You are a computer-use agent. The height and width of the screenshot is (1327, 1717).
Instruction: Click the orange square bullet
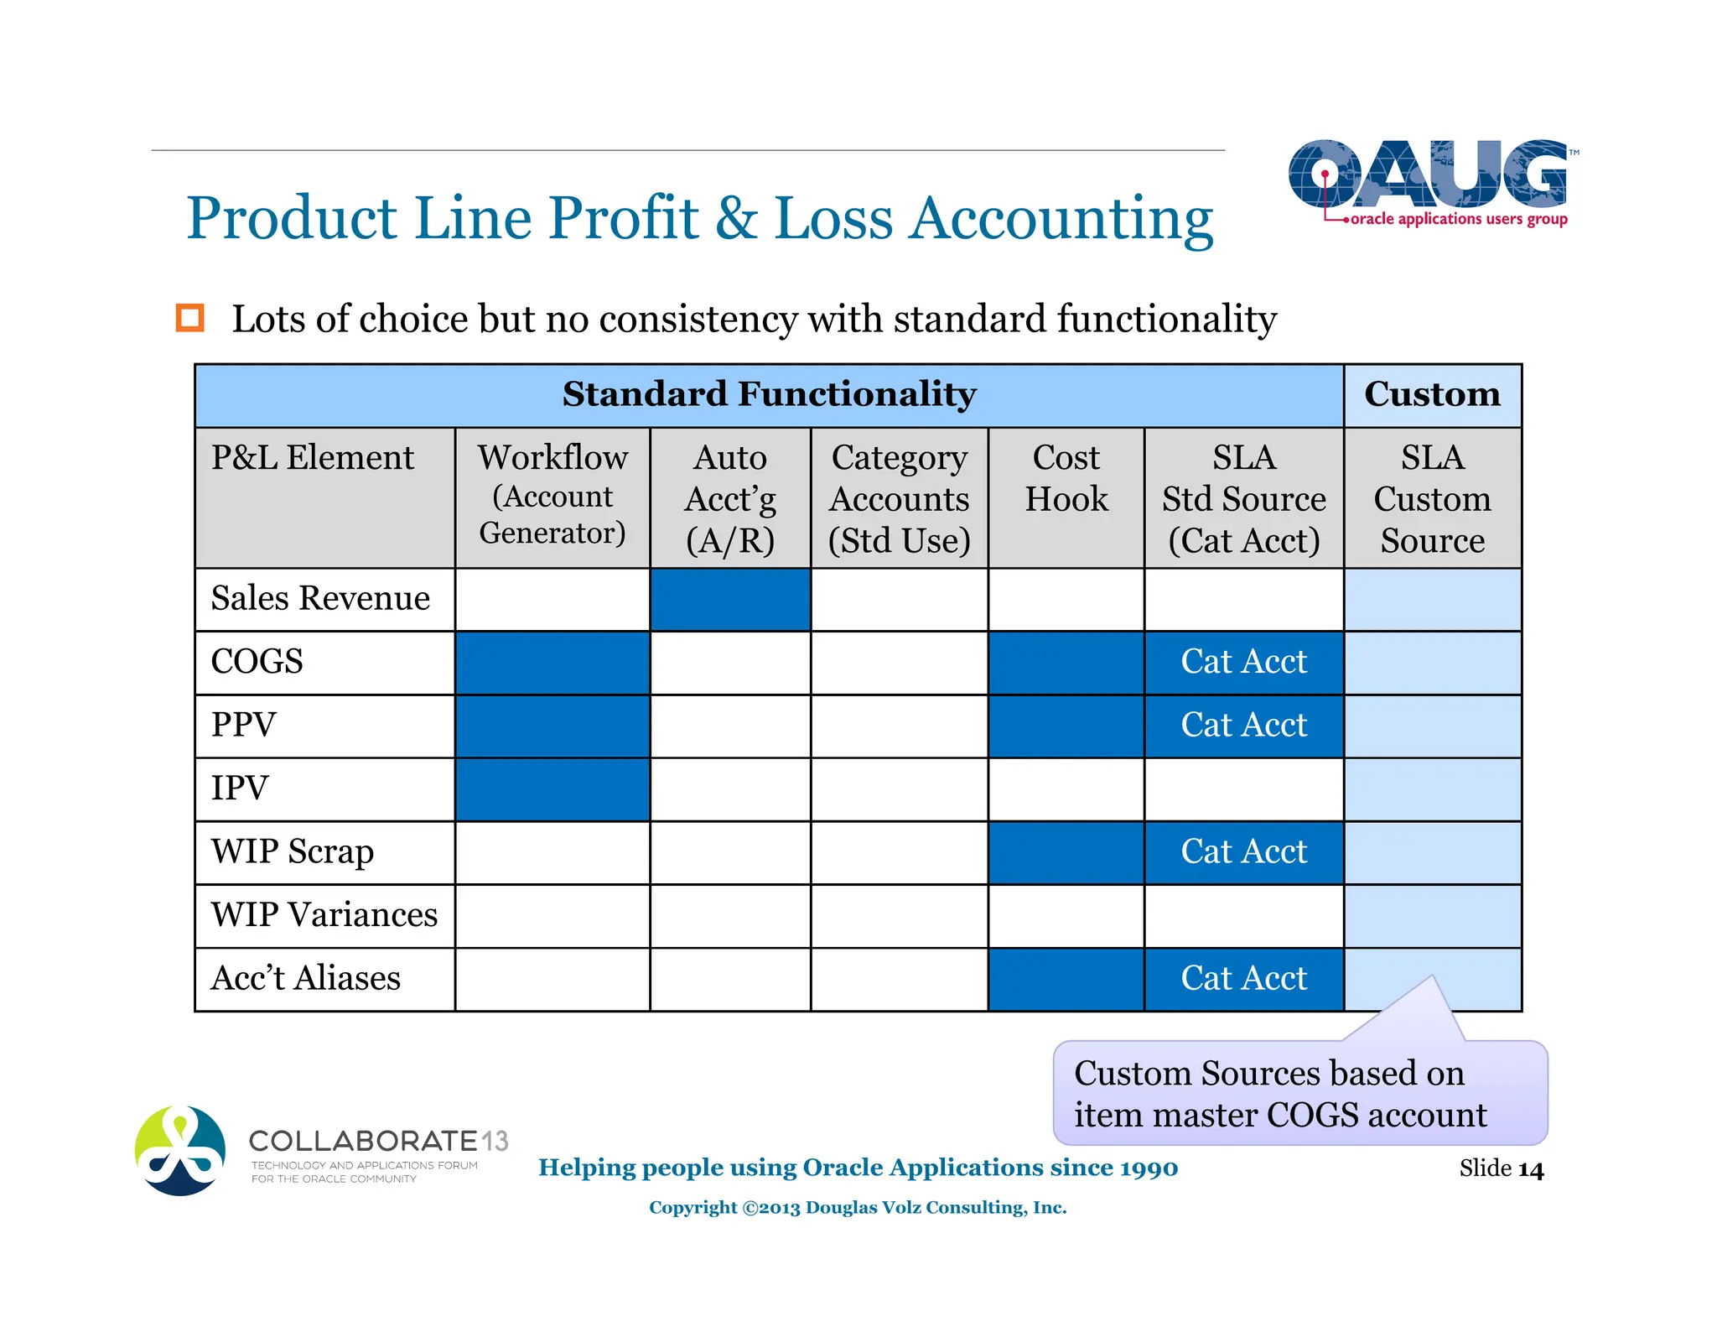click(189, 318)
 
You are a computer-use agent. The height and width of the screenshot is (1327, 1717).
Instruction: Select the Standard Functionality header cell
click(769, 395)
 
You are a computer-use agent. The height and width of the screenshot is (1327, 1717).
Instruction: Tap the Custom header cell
click(1432, 395)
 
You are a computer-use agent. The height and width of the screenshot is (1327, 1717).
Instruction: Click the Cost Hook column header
click(1066, 479)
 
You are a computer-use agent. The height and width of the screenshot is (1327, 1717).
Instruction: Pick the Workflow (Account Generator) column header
click(552, 495)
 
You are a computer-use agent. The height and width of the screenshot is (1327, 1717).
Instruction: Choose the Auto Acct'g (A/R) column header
click(729, 498)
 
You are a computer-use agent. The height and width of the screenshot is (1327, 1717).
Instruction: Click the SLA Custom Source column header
click(1432, 498)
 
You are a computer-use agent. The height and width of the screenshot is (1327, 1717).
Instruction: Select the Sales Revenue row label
click(320, 599)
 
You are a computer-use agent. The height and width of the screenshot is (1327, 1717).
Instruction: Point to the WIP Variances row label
click(324, 915)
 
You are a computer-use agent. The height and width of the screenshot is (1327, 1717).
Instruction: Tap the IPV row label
click(240, 788)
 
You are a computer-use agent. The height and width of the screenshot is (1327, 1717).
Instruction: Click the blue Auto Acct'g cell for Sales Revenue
click(729, 600)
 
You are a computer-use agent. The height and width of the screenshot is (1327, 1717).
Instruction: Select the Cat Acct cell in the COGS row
click(1243, 663)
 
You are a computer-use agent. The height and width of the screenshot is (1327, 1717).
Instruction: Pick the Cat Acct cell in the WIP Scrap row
click(1243, 852)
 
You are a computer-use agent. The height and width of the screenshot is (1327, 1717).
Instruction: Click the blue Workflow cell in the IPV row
click(552, 789)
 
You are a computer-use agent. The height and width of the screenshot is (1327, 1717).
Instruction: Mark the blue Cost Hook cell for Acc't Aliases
click(1066, 979)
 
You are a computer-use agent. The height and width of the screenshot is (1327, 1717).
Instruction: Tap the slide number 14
click(1530, 1169)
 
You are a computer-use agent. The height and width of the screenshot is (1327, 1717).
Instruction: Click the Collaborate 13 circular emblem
click(180, 1150)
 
